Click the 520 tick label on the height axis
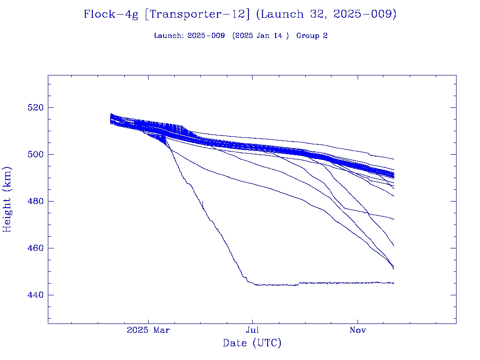click(35, 107)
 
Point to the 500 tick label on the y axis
click(35, 154)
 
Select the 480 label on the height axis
click(35, 201)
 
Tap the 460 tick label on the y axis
click(35, 248)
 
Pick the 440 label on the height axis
click(35, 295)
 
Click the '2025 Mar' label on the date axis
click(148, 330)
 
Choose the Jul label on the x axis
click(253, 330)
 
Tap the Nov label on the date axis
click(358, 330)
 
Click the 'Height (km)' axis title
click(7, 199)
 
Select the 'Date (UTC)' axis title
click(252, 344)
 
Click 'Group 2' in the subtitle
click(312, 36)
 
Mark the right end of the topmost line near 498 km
click(393, 159)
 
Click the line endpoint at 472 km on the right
click(393, 219)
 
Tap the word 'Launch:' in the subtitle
click(169, 36)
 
